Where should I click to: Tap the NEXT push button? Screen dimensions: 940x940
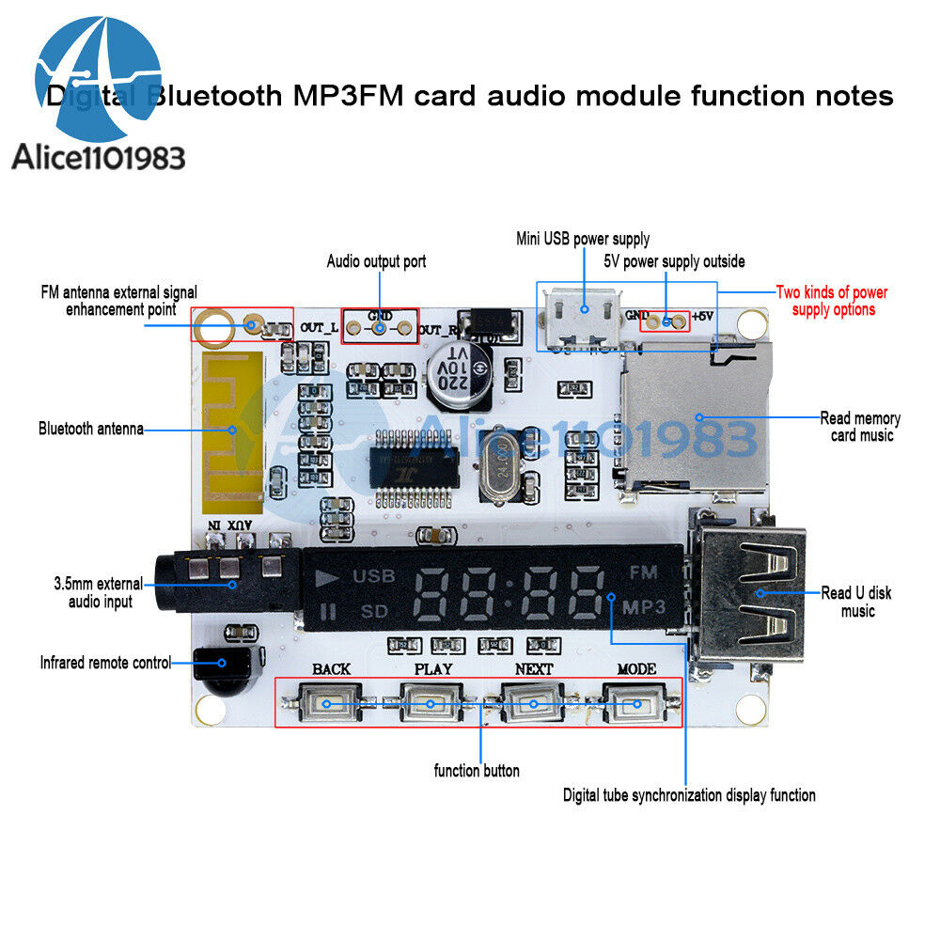coord(533,703)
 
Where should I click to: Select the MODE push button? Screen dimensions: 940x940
coord(635,703)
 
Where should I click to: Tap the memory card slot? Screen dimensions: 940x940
coord(696,414)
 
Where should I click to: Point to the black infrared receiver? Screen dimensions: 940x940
coord(222,669)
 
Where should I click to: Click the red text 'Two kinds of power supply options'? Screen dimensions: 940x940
coord(832,301)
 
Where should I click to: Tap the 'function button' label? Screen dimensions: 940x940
coord(476,771)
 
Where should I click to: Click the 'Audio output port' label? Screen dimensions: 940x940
coord(376,261)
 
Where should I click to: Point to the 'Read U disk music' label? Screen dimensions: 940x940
coord(857,602)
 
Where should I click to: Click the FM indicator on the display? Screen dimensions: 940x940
coord(642,572)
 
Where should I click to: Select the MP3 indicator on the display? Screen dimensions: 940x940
coord(644,606)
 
